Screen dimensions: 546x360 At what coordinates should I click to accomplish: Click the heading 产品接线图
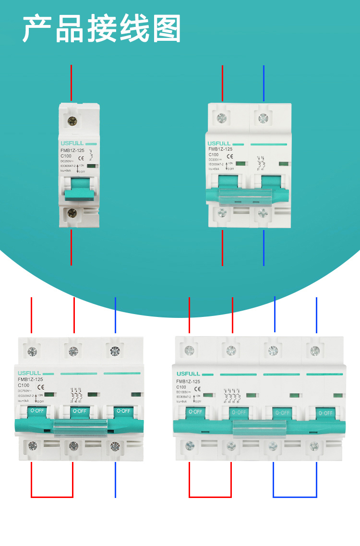[x=102, y=29]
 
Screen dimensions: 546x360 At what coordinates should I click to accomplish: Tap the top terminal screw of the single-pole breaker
[x=72, y=122]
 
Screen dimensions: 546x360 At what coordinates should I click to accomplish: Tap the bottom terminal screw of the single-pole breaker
[x=72, y=213]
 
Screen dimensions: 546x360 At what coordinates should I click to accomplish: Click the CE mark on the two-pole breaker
[x=230, y=156]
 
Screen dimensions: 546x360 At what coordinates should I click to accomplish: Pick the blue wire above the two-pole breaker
[x=264, y=84]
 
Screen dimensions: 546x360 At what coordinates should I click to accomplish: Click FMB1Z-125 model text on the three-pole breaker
[x=31, y=379]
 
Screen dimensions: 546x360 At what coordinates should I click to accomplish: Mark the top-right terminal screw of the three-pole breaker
[x=115, y=351]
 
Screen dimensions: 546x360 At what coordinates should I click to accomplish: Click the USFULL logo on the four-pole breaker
[x=188, y=374]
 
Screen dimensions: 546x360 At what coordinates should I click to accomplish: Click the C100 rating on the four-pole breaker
[x=181, y=387]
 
